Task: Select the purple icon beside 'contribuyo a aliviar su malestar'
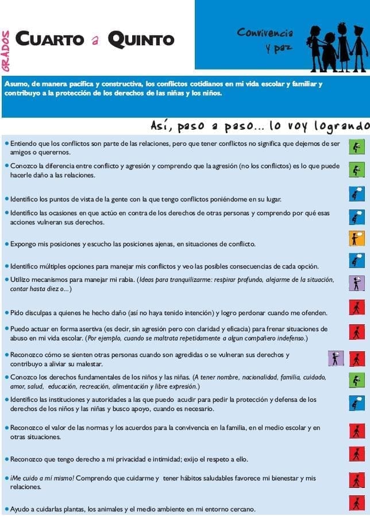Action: [x=336, y=358]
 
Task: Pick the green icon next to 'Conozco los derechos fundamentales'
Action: [x=357, y=381]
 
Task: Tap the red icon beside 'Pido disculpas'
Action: [x=357, y=308]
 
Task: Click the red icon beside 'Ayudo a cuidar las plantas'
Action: [x=357, y=504]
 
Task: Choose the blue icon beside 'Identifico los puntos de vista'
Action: [x=357, y=194]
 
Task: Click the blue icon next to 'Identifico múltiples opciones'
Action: [x=357, y=261]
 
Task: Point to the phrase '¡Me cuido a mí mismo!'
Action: [x=42, y=478]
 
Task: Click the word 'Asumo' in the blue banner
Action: [x=16, y=84]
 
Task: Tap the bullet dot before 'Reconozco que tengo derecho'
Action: [x=6, y=459]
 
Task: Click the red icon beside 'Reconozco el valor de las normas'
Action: [x=357, y=431]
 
